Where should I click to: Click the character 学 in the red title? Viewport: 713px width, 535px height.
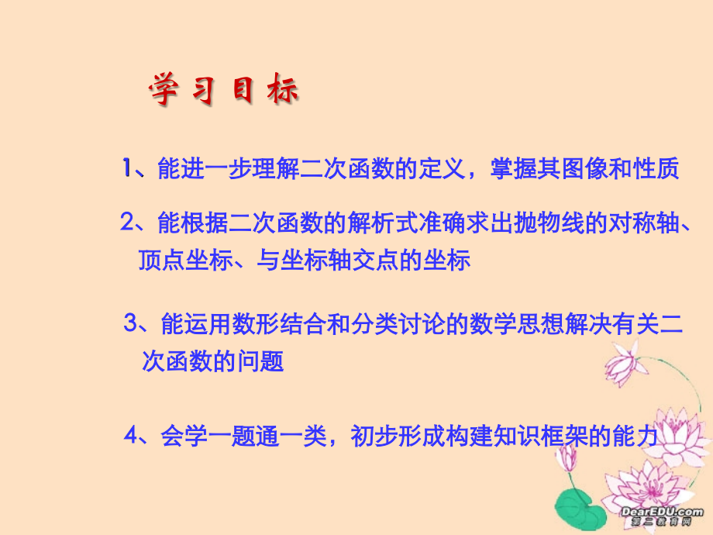(164, 91)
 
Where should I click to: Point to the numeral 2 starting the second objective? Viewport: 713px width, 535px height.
(128, 223)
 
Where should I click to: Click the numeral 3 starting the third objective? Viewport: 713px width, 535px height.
(131, 323)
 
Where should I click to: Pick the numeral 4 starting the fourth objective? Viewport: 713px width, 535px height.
(131, 436)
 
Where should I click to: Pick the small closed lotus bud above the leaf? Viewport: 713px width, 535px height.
(568, 457)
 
